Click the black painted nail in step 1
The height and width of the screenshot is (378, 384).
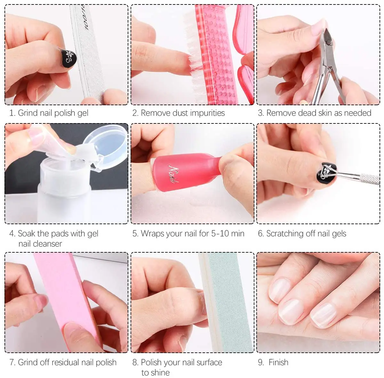coord(68,59)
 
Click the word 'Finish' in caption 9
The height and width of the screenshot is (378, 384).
coord(278,362)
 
